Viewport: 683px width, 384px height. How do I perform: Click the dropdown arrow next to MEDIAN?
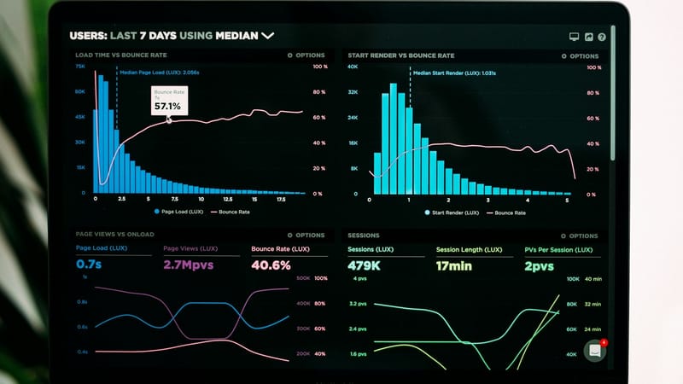[268, 36]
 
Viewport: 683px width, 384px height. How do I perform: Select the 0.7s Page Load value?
[89, 265]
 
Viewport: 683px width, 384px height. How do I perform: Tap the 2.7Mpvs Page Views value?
[189, 265]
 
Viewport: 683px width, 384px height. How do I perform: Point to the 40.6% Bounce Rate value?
[271, 265]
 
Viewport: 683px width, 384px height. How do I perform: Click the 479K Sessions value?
[365, 265]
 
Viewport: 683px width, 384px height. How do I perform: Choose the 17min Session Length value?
[454, 265]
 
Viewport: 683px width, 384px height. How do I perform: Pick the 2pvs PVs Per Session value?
[540, 265]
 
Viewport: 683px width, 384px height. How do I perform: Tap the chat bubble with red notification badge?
[595, 351]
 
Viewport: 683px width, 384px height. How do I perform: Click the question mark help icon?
[602, 38]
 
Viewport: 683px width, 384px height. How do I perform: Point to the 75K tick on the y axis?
[79, 66]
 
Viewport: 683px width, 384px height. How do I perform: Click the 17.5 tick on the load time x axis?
[281, 200]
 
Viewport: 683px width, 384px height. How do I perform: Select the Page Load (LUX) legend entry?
[180, 211]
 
